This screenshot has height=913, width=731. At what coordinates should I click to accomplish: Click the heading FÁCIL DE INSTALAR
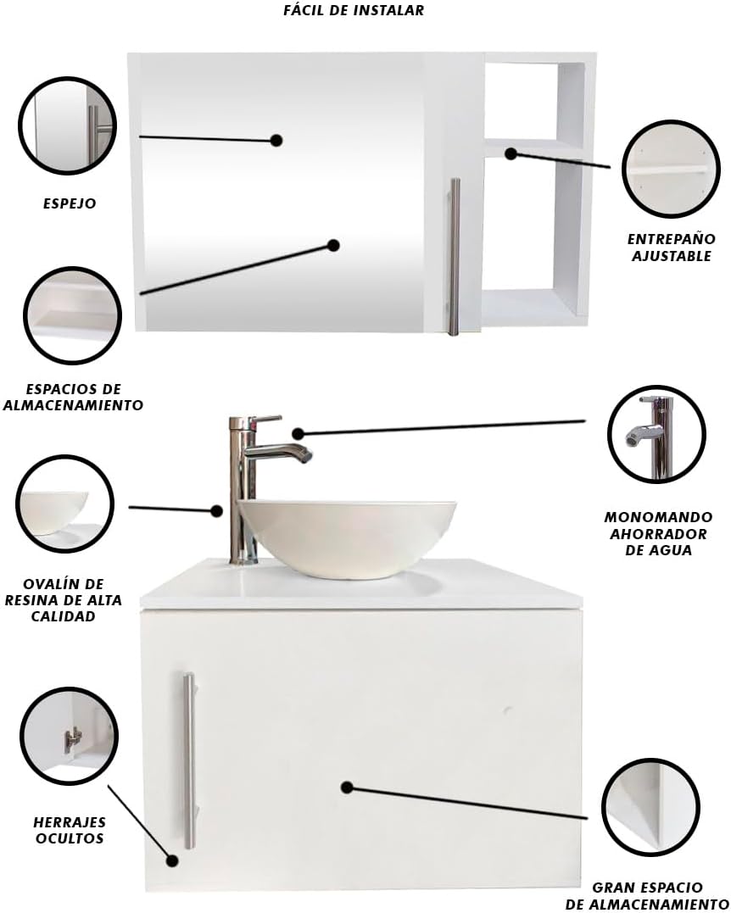[354, 10]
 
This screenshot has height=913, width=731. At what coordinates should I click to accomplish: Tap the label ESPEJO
[70, 203]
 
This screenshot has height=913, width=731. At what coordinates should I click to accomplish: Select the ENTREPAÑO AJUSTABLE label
[671, 248]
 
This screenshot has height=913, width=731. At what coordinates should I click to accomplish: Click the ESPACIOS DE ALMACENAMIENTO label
[73, 397]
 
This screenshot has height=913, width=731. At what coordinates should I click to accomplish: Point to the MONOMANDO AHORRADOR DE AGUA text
[658, 533]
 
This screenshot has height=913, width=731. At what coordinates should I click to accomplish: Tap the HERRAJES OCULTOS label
[70, 830]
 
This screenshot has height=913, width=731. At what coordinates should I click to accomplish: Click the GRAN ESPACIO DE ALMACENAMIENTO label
[646, 895]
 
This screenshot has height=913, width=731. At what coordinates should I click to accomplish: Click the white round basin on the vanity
[347, 537]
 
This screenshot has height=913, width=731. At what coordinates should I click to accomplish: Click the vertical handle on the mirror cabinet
[454, 256]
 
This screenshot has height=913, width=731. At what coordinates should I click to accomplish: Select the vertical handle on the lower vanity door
[189, 761]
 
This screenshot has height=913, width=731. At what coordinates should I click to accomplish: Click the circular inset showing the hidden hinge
[69, 736]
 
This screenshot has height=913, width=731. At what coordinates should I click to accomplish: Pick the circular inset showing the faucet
[656, 434]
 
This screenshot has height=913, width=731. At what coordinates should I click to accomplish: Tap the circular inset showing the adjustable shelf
[671, 169]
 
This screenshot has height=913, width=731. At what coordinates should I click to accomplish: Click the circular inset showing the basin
[64, 504]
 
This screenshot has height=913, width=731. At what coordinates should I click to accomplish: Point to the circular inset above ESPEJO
[67, 125]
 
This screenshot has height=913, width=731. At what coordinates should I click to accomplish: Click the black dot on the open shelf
[511, 153]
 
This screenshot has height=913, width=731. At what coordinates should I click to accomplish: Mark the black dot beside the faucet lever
[299, 433]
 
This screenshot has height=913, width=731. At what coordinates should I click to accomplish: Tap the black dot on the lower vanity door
[347, 788]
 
